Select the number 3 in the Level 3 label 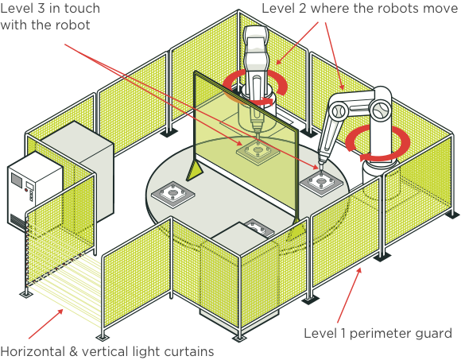[x=41, y=8]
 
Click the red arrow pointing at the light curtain [x=46, y=323]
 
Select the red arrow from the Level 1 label [x=349, y=296]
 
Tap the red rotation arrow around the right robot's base [x=378, y=143]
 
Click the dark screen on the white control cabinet [x=17, y=179]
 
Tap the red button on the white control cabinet [x=26, y=190]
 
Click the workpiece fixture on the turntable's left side [x=173, y=194]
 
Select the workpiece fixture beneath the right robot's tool [x=321, y=183]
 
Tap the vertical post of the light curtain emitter [x=27, y=252]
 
